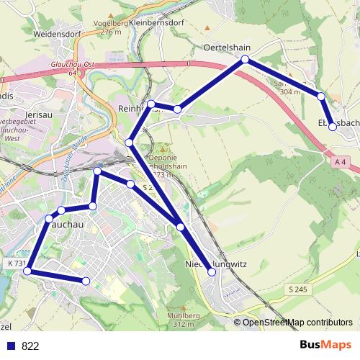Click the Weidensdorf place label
(x=44, y=33)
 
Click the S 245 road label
(x=297, y=289)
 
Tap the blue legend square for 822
(x=11, y=346)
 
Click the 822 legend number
(x=30, y=346)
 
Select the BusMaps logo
(x=325, y=345)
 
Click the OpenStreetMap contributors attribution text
(x=297, y=323)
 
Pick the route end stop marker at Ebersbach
(x=332, y=127)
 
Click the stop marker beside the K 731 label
(x=30, y=271)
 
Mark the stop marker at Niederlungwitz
(x=210, y=272)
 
